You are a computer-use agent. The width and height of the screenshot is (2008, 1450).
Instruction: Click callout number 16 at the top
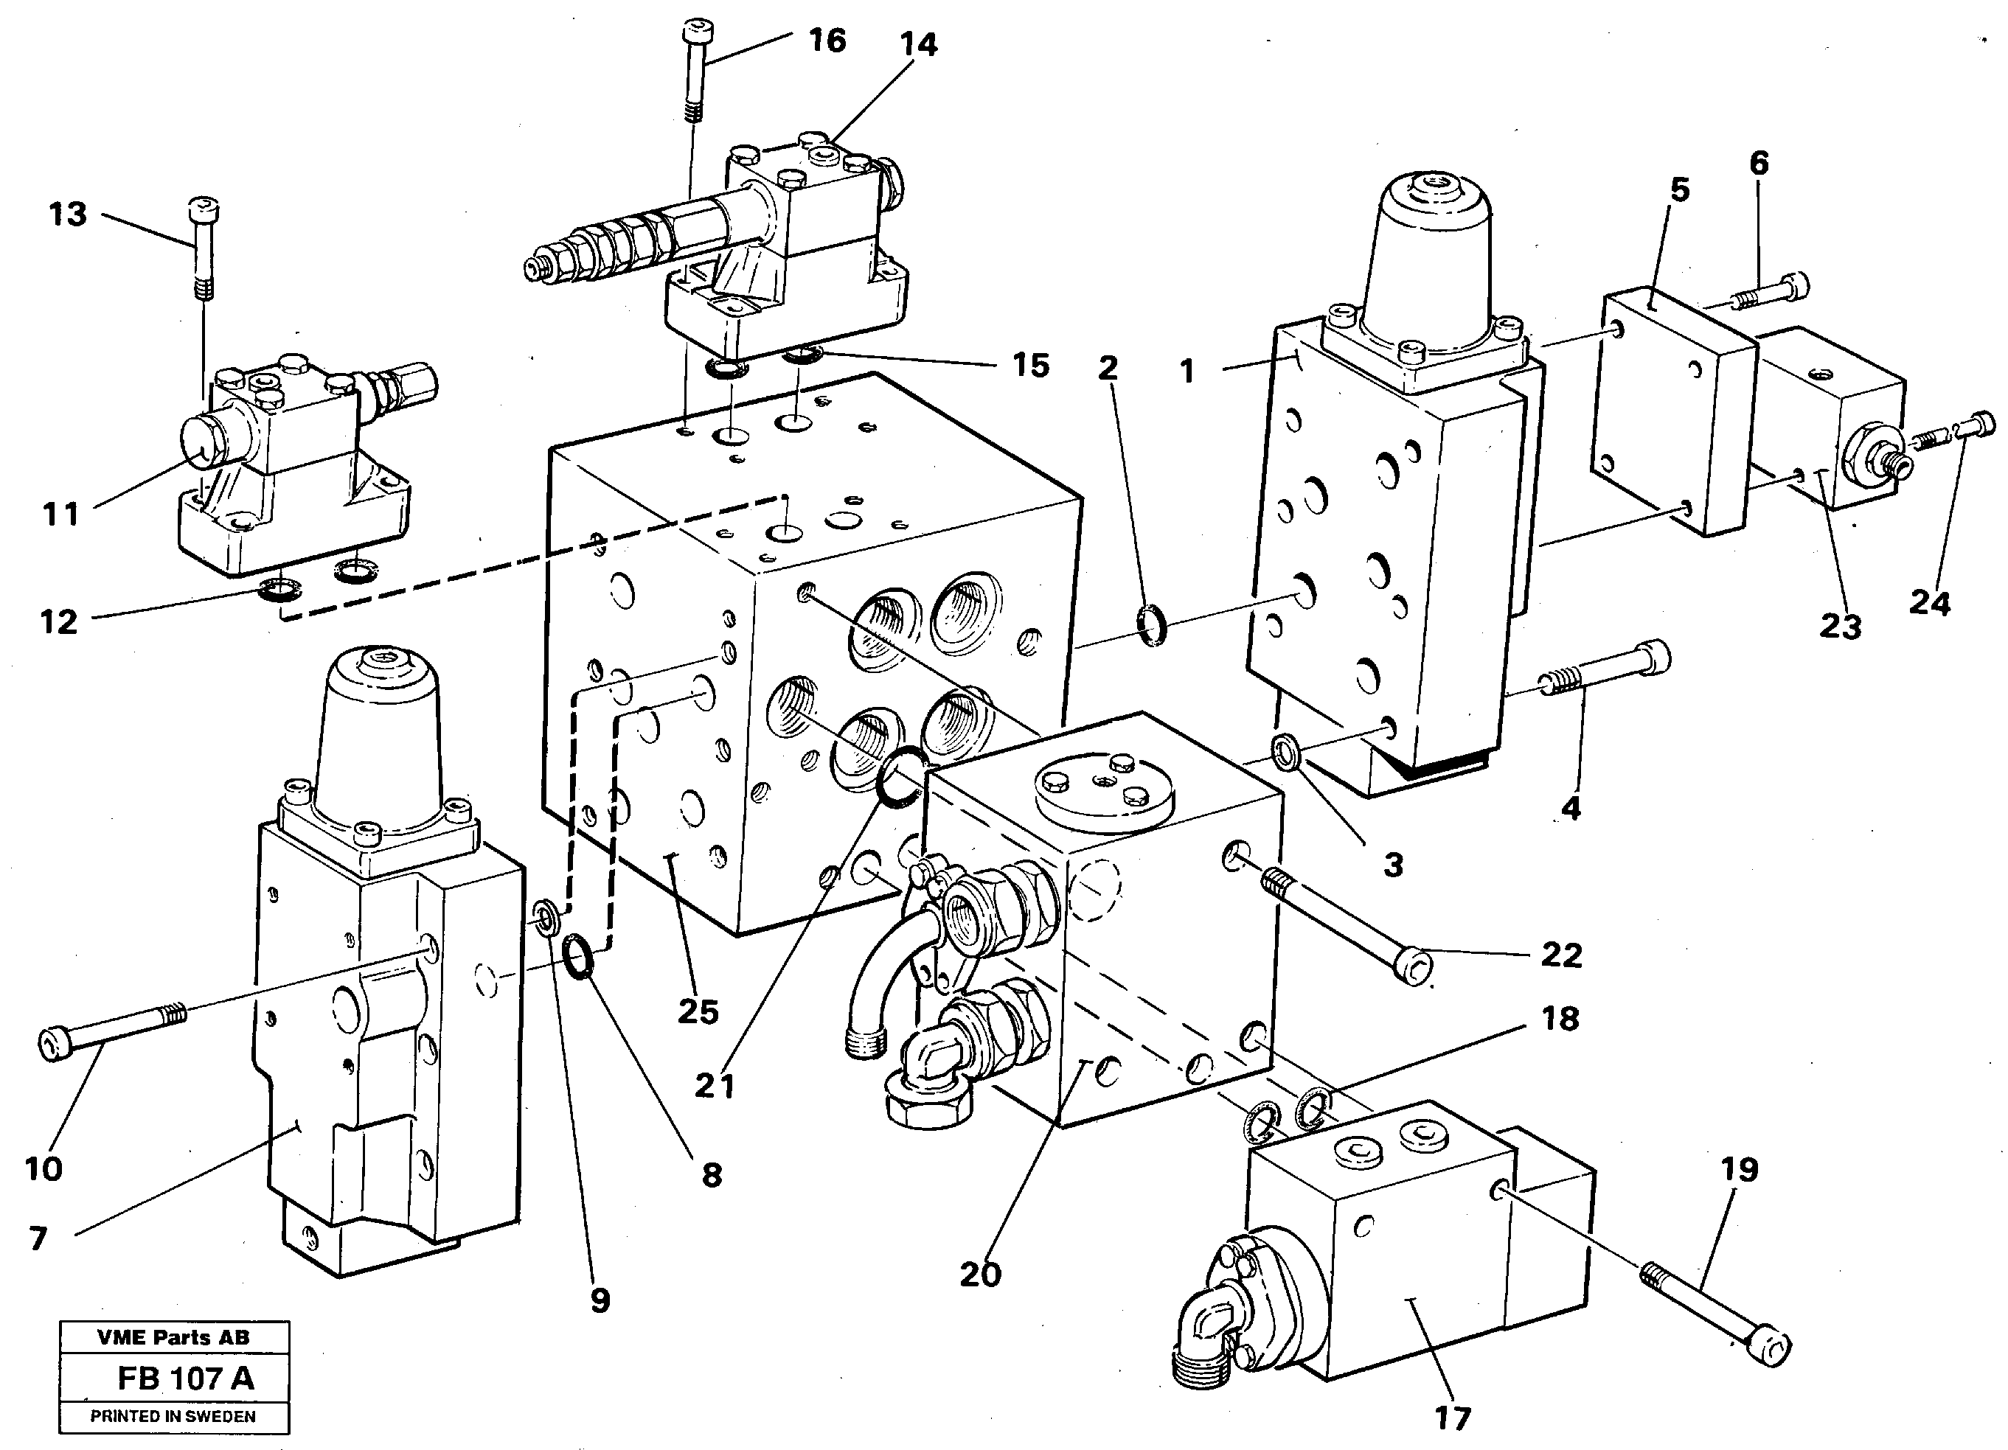tap(827, 41)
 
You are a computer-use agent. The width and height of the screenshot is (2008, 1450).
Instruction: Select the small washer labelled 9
tap(546, 916)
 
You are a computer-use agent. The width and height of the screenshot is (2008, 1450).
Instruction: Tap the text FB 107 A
tap(185, 1378)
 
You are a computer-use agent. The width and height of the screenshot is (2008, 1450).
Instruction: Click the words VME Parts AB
tap(173, 1336)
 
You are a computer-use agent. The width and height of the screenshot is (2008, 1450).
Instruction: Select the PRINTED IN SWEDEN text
tap(173, 1416)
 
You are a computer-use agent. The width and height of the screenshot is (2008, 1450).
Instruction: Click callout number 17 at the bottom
tap(1451, 1418)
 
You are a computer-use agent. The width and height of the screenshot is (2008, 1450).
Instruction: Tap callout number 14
tap(918, 44)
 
